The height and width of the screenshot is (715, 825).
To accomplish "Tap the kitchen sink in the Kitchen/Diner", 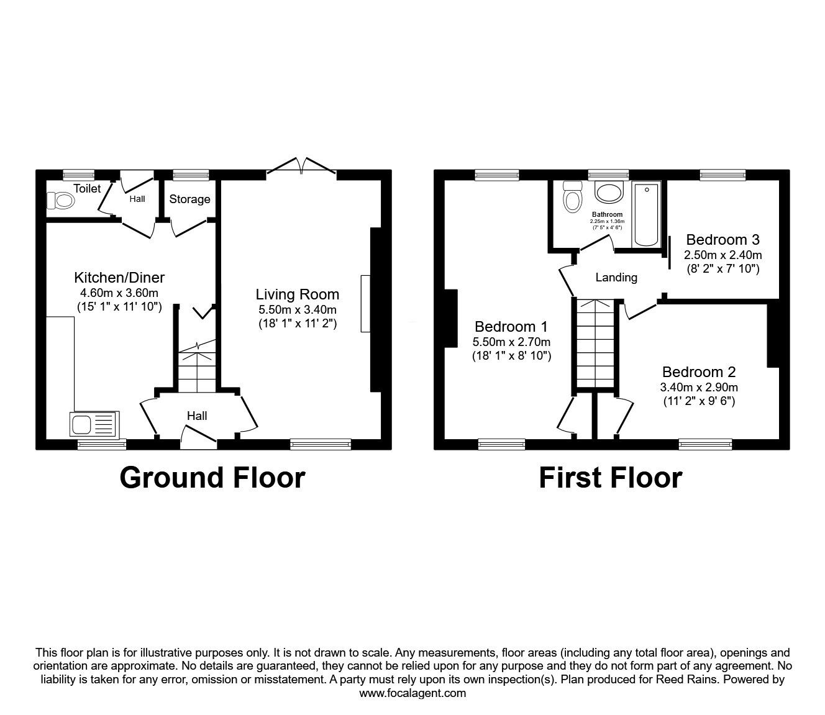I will click(94, 426).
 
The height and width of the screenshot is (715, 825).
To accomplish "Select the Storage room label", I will click(189, 199).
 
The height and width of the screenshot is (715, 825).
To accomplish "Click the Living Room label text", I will click(298, 294).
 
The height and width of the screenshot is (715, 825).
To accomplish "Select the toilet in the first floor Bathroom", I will click(572, 197).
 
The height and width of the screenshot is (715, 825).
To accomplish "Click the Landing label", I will click(616, 278).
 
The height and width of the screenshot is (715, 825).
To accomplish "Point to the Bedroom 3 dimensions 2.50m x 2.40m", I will click(722, 255).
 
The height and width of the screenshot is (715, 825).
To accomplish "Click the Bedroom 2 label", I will click(699, 372).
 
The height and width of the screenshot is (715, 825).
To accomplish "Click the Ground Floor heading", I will click(212, 478).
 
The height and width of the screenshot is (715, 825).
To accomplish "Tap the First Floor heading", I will click(610, 478).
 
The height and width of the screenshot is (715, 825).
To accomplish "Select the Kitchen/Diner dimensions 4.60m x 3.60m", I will click(119, 293).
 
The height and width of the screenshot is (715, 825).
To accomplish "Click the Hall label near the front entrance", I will click(197, 416).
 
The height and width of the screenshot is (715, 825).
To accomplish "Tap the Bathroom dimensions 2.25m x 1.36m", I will click(607, 221).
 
